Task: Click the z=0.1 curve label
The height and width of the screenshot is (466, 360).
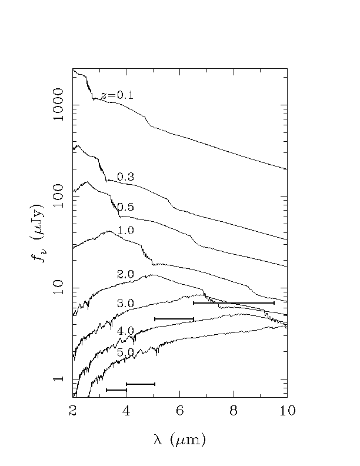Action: (117, 95)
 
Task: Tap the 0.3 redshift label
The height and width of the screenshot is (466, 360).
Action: (126, 177)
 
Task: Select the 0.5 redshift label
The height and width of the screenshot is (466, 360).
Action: (126, 207)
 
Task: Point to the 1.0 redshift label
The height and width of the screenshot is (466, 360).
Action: (126, 229)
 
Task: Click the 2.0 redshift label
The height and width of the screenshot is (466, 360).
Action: (126, 274)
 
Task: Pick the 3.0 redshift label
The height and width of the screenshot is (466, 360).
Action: (126, 304)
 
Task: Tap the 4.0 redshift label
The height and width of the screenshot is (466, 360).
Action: (126, 331)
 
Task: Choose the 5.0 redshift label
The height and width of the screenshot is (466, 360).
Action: (126, 352)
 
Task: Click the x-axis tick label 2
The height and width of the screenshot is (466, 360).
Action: (73, 411)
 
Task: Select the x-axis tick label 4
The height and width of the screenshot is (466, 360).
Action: (126, 411)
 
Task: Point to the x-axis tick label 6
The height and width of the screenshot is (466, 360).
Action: (180, 411)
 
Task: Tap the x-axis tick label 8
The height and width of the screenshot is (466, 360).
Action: (234, 411)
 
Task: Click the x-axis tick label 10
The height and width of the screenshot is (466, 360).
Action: (287, 411)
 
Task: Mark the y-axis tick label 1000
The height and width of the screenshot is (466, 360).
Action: (58, 105)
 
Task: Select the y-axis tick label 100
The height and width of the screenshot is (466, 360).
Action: (58, 197)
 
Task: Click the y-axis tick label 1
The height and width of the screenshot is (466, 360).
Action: (58, 379)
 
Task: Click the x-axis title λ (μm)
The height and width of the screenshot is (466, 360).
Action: (180, 440)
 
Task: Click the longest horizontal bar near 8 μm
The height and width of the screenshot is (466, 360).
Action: (234, 303)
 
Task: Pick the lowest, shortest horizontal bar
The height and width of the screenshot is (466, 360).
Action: (116, 390)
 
